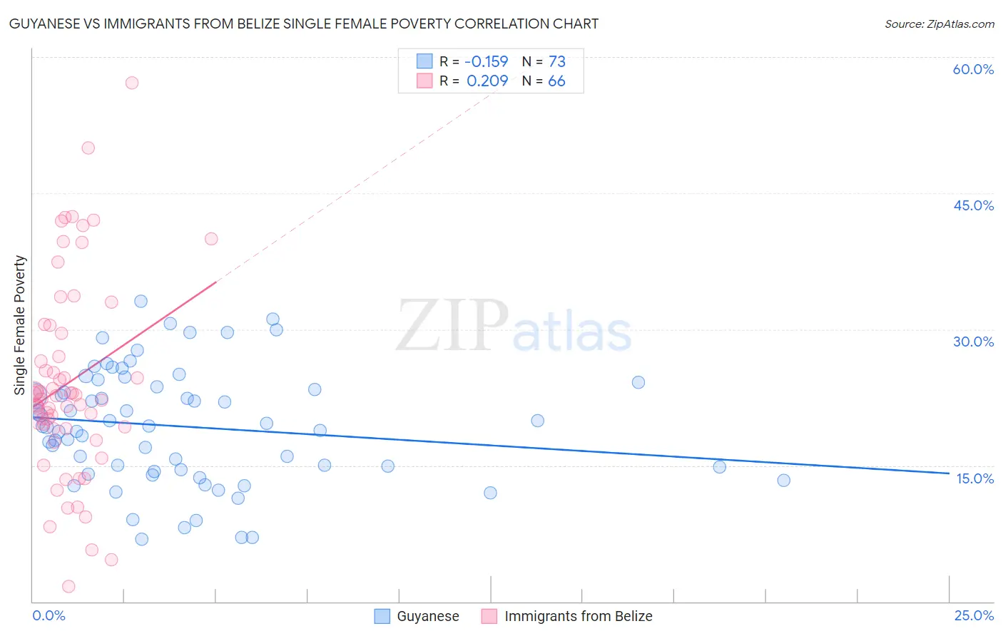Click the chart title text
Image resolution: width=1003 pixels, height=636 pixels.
(303, 24)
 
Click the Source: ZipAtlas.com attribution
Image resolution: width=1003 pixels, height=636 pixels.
(939, 24)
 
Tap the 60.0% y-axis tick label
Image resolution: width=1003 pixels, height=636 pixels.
(973, 69)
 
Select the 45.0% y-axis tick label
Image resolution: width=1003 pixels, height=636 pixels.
(973, 205)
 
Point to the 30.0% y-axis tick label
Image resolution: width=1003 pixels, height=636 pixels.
(973, 342)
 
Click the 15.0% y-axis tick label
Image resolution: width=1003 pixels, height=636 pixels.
(974, 478)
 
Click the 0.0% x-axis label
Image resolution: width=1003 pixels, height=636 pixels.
(49, 615)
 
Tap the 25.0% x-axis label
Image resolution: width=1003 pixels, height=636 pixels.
(974, 615)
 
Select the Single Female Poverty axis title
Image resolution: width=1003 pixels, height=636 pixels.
(19, 325)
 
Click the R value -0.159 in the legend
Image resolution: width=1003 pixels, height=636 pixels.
(486, 61)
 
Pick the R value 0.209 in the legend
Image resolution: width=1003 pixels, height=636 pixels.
(487, 81)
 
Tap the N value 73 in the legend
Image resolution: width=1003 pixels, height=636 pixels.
(556, 61)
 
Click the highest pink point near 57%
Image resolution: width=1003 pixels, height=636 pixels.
(132, 83)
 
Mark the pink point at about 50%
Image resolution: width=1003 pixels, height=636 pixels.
(88, 148)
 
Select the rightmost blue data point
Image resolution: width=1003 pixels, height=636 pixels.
(783, 481)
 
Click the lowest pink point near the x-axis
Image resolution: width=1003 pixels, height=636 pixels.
(68, 586)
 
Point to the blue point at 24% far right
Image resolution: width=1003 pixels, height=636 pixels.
(638, 382)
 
